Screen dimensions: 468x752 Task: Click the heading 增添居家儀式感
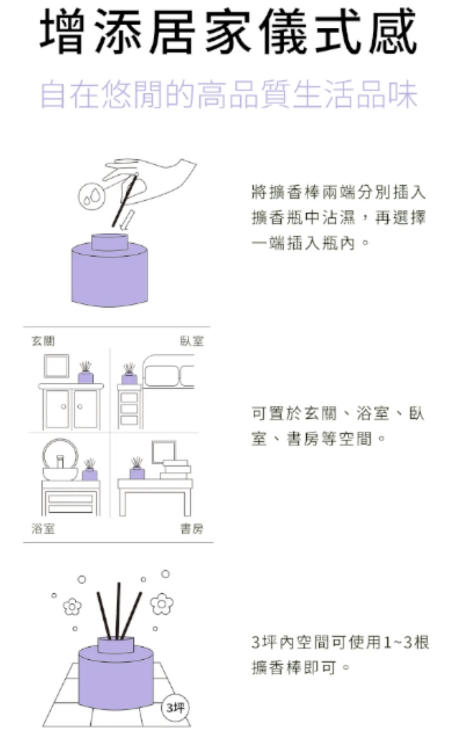(229, 32)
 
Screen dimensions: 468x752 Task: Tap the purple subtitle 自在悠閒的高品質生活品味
(229, 94)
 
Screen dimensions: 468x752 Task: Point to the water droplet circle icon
(90, 196)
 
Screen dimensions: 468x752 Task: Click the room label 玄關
(43, 341)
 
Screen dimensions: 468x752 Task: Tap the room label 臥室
(192, 341)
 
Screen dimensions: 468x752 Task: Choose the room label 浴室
(43, 529)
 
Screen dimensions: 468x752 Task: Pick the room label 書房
(192, 529)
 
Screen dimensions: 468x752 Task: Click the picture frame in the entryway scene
(56, 366)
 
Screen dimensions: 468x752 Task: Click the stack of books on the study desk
(175, 470)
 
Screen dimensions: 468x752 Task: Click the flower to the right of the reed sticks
(163, 604)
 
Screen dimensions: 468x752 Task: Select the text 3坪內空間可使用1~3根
(340, 642)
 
